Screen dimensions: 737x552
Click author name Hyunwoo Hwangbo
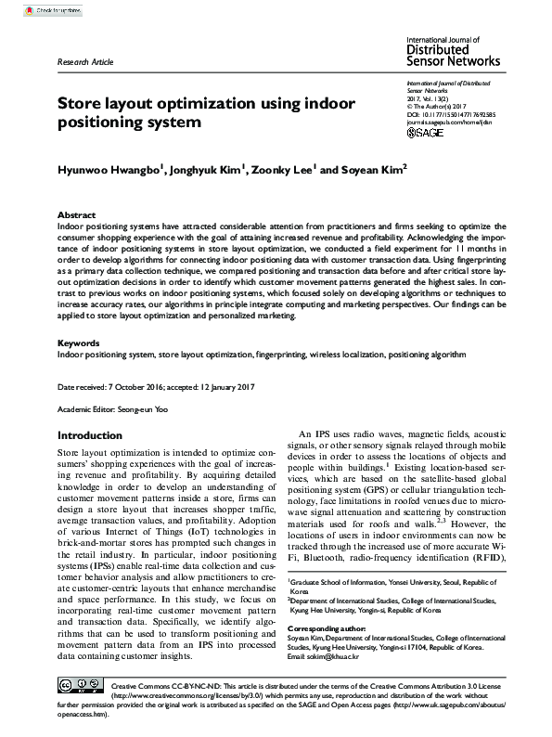click(x=110, y=170)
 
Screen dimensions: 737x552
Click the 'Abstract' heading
click(x=77, y=213)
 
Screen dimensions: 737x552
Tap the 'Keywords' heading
click(x=79, y=343)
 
